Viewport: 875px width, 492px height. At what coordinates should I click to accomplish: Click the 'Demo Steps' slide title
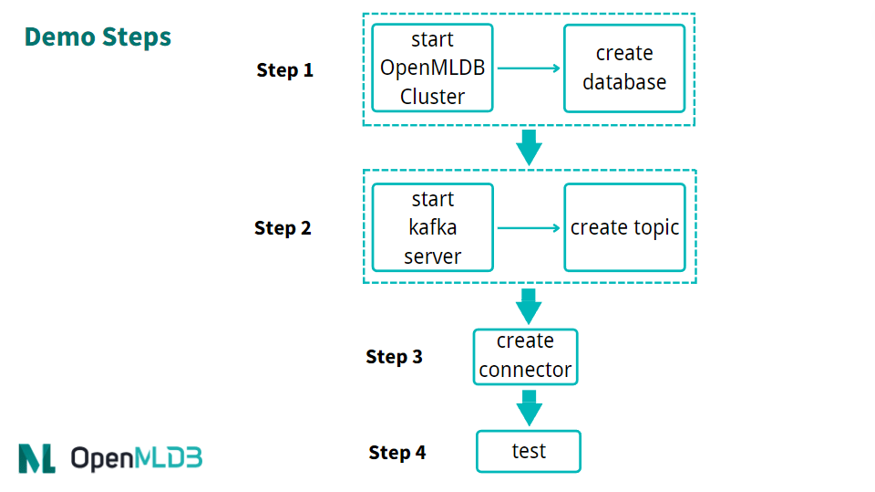tap(98, 37)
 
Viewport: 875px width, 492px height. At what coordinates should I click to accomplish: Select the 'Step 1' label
tap(284, 70)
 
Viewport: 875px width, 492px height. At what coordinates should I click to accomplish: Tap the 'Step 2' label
tap(283, 228)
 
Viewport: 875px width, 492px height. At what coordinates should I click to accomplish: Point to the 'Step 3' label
tap(394, 357)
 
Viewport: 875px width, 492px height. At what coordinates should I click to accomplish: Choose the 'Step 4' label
tap(396, 453)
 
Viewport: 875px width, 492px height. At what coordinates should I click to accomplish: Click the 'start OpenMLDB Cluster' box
tap(432, 68)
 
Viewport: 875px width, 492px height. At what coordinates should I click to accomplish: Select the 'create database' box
tap(624, 68)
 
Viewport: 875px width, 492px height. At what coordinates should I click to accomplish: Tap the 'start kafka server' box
tap(432, 227)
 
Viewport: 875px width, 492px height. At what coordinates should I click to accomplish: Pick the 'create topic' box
tap(624, 227)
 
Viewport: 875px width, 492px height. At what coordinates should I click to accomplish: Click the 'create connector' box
tap(525, 356)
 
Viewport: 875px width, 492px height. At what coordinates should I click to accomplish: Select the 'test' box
tap(528, 451)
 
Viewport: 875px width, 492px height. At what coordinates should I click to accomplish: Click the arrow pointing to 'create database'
tap(529, 68)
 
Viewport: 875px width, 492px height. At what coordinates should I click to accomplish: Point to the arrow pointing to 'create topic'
tap(529, 228)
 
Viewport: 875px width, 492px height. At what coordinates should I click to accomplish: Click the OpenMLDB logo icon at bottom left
tap(36, 457)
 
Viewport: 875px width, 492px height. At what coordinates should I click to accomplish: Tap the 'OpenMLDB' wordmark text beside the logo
tap(136, 457)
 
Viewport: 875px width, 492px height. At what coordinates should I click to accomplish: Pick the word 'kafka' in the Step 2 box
tap(432, 227)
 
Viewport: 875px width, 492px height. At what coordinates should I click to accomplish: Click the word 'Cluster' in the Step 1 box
tap(432, 97)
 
